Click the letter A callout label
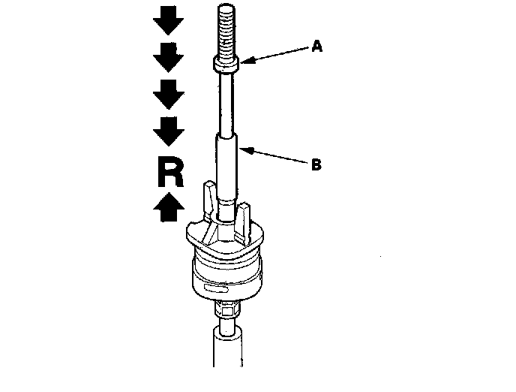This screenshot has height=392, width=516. (316, 47)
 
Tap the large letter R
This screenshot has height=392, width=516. (169, 172)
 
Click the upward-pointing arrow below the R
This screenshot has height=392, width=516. (169, 206)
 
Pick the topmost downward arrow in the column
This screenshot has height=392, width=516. (169, 21)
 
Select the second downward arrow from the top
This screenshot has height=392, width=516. (169, 56)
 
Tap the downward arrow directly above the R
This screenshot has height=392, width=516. (169, 132)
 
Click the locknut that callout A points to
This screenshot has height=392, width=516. (227, 65)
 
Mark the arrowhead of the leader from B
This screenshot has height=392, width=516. (244, 149)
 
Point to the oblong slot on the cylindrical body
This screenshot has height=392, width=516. (214, 288)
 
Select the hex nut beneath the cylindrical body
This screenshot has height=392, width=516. (226, 308)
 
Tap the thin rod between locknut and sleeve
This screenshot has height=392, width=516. (227, 101)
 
